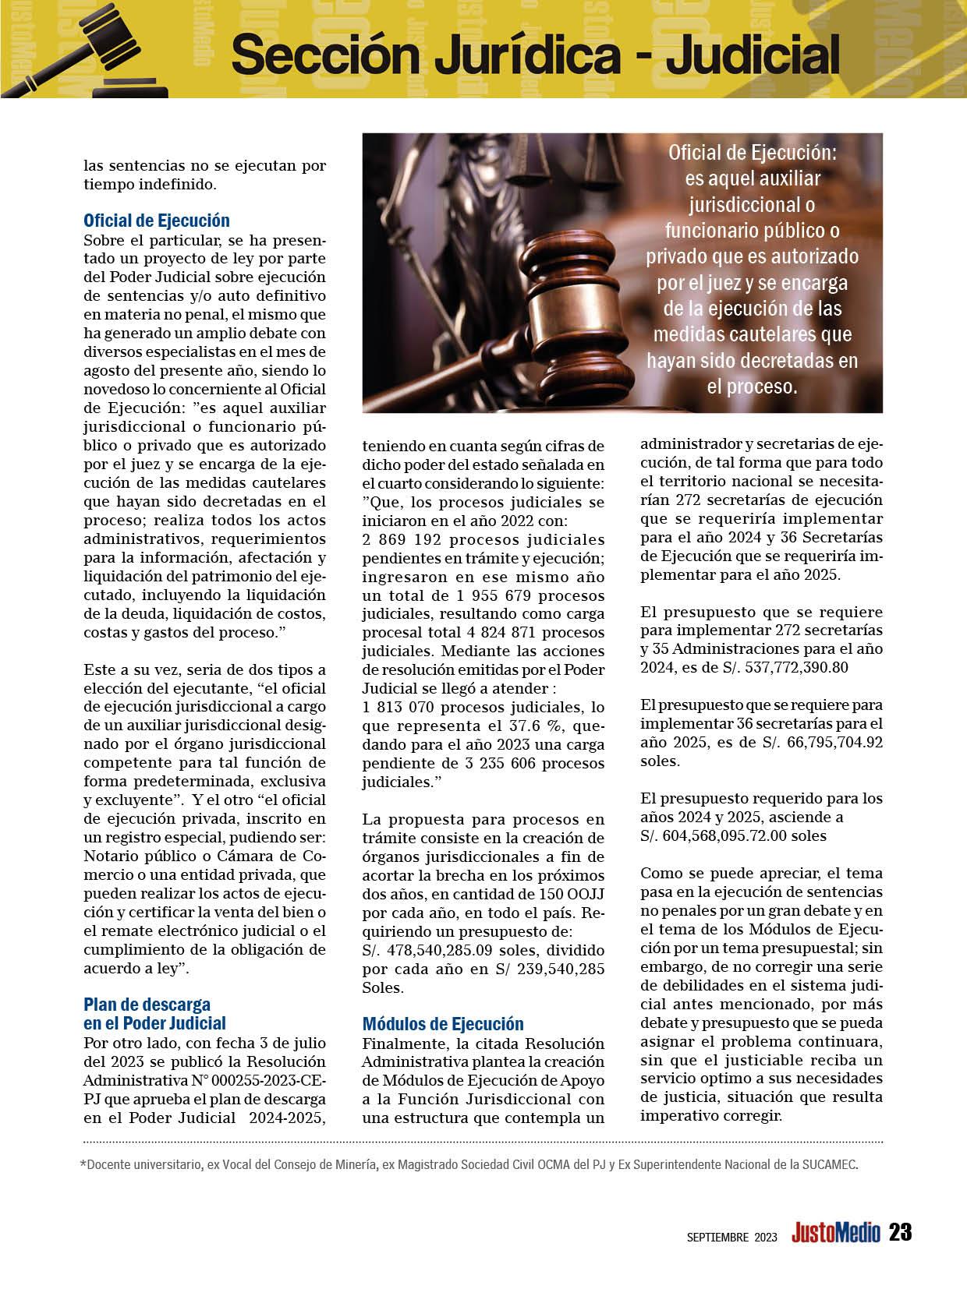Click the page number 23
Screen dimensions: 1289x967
[900, 1232]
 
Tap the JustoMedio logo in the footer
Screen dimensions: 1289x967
[835, 1233]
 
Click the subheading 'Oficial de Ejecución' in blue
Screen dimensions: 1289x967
[156, 221]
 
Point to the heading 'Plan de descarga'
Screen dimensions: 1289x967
[147, 1005]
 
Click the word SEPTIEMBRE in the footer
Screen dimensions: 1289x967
[717, 1237]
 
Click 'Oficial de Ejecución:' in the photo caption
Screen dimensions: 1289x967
[751, 154]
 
